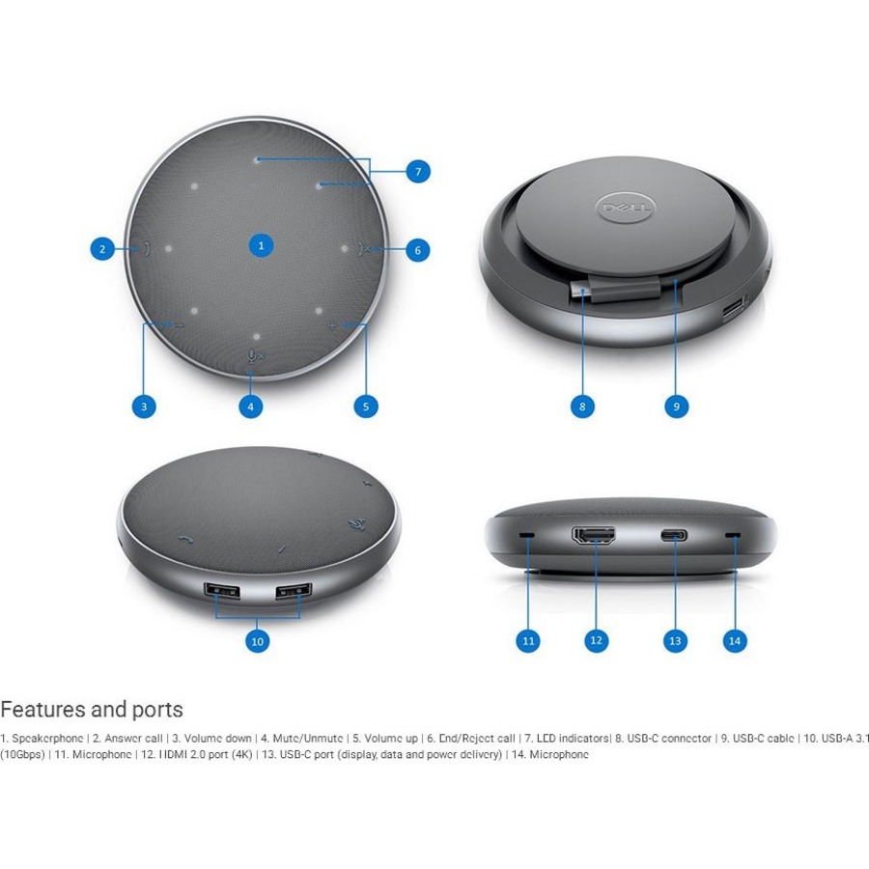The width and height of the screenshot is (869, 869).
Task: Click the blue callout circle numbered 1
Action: [261, 245]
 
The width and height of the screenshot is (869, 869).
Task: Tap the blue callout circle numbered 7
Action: [417, 172]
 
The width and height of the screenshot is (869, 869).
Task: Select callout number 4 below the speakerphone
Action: [251, 406]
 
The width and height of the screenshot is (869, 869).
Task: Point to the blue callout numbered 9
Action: [677, 406]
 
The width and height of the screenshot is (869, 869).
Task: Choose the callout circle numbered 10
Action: [257, 640]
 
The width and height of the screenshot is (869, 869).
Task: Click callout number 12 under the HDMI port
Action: [596, 639]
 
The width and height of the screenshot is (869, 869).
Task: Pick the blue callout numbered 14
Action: [735, 639]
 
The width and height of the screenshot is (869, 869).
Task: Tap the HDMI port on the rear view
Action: [595, 535]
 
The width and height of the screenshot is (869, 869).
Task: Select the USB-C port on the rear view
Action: [674, 536]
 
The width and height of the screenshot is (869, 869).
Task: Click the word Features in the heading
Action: [42, 710]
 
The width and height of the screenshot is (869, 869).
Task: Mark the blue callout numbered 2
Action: [103, 249]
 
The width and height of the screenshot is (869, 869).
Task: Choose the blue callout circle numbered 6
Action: [417, 250]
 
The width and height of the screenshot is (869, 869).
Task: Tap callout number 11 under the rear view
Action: [528, 639]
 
